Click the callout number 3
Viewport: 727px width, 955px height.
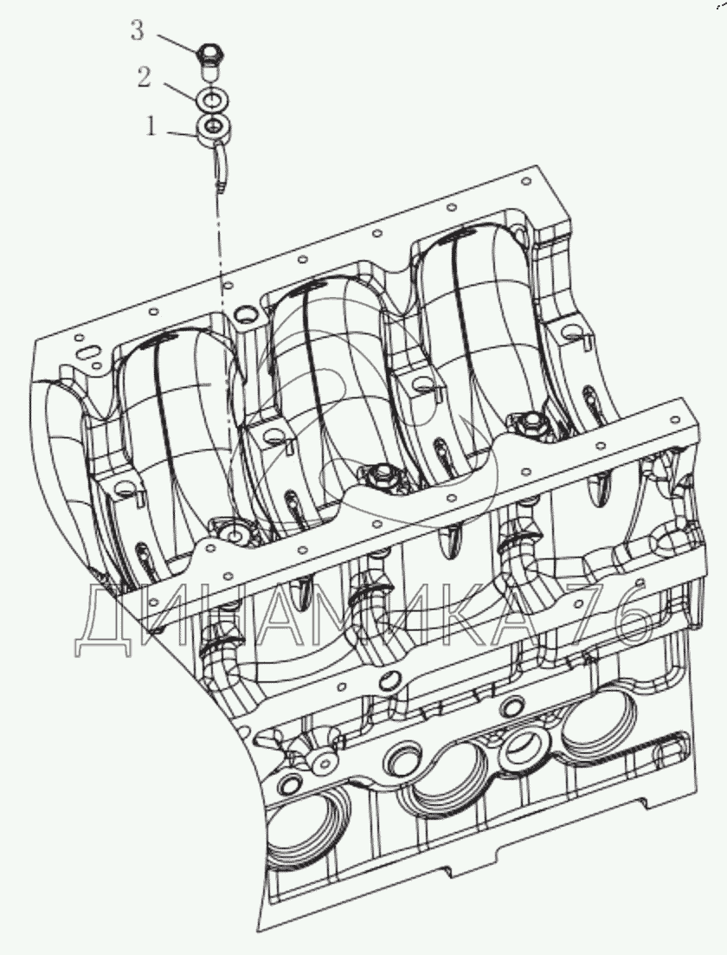coord(138,30)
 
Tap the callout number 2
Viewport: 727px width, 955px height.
coord(144,77)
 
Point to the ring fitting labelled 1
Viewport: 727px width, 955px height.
coord(212,129)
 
